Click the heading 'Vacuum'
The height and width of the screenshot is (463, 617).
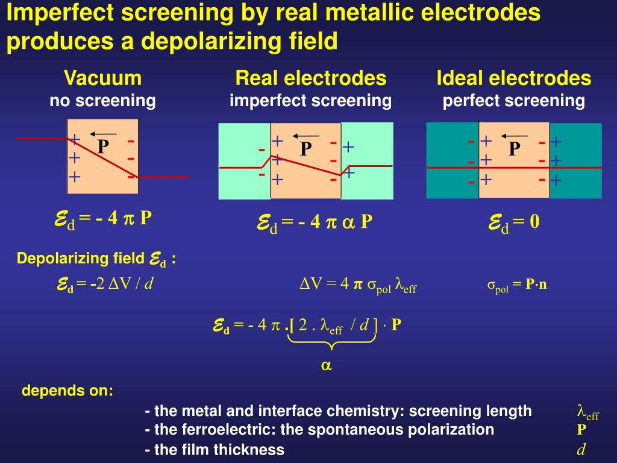(x=103, y=78)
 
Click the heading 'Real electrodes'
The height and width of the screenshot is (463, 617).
(x=310, y=78)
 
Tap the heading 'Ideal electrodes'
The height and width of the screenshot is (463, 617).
(x=513, y=78)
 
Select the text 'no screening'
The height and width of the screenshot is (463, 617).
(x=103, y=101)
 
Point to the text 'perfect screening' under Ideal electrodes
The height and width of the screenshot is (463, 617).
(x=513, y=101)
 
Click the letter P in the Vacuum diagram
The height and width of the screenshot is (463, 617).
(x=103, y=146)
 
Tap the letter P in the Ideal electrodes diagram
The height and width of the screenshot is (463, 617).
(x=513, y=148)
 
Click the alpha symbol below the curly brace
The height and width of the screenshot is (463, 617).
(x=326, y=365)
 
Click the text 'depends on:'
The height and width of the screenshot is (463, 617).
(x=67, y=390)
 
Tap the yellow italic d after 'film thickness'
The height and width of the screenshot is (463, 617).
(x=581, y=449)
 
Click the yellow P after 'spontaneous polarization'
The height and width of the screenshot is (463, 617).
(x=581, y=430)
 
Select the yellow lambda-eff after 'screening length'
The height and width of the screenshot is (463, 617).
(x=587, y=412)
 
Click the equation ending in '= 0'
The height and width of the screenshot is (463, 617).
(x=513, y=223)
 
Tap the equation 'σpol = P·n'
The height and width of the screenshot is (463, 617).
(x=516, y=285)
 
